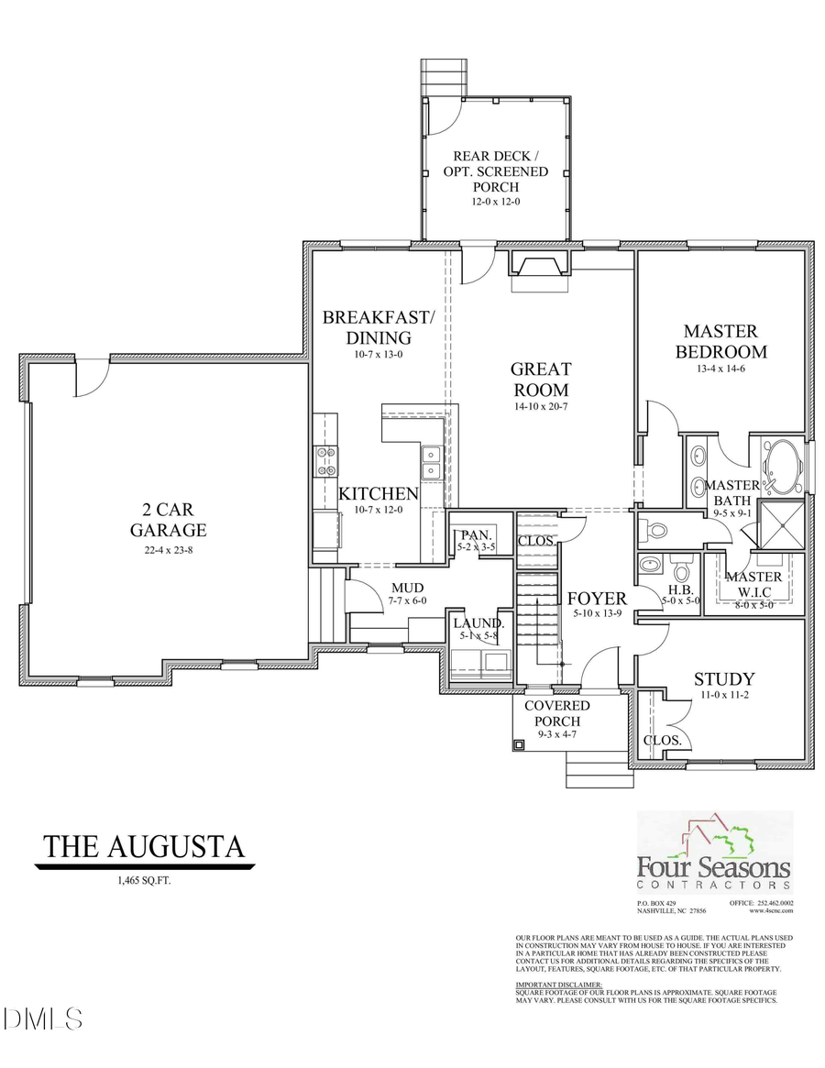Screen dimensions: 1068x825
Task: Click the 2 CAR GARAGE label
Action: pyautogui.click(x=168, y=520)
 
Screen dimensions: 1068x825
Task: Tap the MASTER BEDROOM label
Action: pyautogui.click(x=720, y=341)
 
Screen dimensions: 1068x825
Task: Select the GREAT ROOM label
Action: pyautogui.click(x=541, y=380)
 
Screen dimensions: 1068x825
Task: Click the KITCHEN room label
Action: pyautogui.click(x=379, y=494)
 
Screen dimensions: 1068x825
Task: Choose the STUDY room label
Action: pyautogui.click(x=724, y=679)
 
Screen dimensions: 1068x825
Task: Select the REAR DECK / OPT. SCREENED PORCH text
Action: pyautogui.click(x=496, y=171)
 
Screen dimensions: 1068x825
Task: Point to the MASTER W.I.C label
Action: pyautogui.click(x=753, y=584)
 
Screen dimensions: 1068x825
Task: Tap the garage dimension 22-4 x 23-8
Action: pyautogui.click(x=168, y=552)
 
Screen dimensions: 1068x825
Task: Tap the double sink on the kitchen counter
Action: pyautogui.click(x=431, y=463)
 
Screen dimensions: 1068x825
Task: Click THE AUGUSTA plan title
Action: pyautogui.click(x=145, y=846)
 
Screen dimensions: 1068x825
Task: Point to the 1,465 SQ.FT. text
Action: pyautogui.click(x=145, y=881)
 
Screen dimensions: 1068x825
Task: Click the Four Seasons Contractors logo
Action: pyautogui.click(x=714, y=853)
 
